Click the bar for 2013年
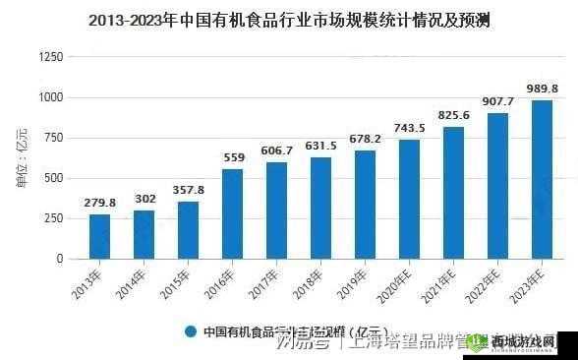click(99, 236)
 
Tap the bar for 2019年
click(365, 204)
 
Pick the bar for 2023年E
click(542, 179)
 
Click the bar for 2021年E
click(453, 192)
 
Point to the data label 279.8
click(99, 203)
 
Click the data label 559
click(234, 157)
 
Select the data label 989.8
click(542, 89)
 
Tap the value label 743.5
click(409, 128)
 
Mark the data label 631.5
click(320, 146)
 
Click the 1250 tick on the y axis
click(49, 57)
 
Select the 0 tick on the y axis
click(60, 259)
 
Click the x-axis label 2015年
click(185, 281)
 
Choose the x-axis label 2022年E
click(491, 285)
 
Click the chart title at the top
click(289, 19)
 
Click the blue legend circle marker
click(191, 332)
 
